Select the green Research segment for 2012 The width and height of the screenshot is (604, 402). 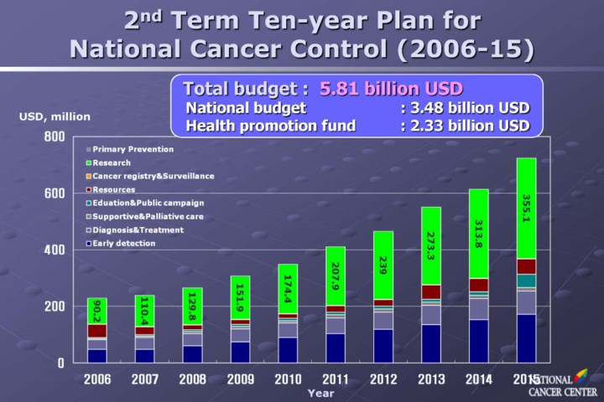click(x=383, y=265)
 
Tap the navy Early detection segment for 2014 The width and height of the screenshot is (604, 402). click(x=478, y=341)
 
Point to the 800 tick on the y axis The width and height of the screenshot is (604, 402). click(x=54, y=137)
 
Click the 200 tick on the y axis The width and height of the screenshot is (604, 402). click(x=54, y=307)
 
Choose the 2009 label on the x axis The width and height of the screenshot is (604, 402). click(x=241, y=379)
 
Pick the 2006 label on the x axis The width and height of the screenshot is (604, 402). click(x=96, y=379)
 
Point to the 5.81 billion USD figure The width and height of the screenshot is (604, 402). click(x=391, y=88)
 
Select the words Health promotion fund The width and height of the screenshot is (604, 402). click(x=270, y=126)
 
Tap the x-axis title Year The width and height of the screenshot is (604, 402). click(x=320, y=392)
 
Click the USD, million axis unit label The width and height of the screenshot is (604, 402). click(x=55, y=116)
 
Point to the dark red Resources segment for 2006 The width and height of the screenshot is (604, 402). click(x=96, y=331)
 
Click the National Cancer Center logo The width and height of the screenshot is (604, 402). click(x=563, y=384)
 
